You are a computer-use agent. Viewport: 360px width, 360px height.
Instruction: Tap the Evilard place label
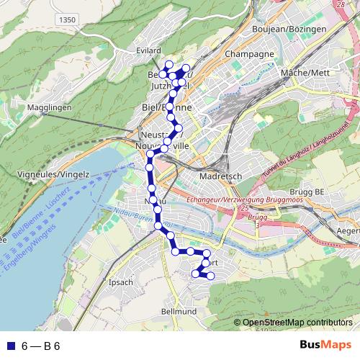pos(148,51)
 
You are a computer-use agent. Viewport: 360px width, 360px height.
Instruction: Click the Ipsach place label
pos(120,282)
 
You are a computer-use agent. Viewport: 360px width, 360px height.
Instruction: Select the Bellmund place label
pos(179,312)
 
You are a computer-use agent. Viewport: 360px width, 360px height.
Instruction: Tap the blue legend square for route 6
pos(9,346)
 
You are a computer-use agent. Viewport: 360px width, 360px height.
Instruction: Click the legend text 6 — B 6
pos(40,346)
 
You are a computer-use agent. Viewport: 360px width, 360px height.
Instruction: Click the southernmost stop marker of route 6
pos(210,276)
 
